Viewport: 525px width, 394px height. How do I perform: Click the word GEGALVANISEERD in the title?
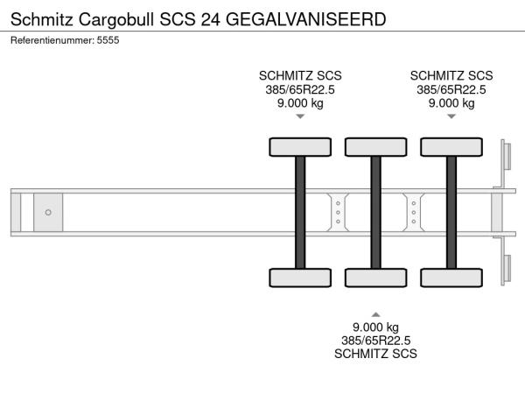[305, 19]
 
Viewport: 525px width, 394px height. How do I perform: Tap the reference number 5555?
[108, 40]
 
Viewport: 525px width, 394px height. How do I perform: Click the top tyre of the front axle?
[300, 147]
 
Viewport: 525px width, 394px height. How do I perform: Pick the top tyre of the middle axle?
[376, 147]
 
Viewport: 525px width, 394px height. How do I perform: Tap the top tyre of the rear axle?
[451, 147]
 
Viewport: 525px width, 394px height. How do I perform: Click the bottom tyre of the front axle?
[300, 278]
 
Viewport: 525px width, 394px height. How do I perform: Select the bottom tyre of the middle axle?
[376, 278]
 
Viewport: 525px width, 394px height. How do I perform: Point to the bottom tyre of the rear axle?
[451, 278]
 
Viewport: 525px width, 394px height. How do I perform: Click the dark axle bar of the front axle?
[300, 213]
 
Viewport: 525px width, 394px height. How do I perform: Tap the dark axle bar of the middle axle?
[376, 213]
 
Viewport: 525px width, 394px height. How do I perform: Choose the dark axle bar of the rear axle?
[451, 213]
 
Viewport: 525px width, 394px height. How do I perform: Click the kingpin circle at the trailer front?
[48, 213]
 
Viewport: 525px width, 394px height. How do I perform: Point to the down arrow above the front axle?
[300, 116]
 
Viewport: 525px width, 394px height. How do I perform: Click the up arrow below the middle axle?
[376, 314]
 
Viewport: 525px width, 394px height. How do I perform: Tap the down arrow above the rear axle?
[451, 116]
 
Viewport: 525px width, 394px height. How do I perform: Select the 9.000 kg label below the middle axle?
[375, 327]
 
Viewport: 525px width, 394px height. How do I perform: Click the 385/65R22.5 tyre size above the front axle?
[300, 89]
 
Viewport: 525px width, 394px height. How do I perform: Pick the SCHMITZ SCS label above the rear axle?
[451, 75]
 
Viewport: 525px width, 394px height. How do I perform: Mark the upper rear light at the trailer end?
[507, 156]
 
